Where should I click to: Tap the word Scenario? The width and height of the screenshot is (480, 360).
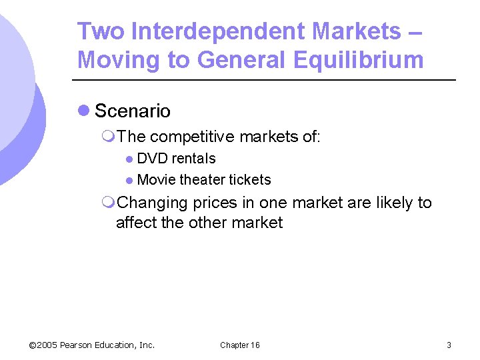tap(133, 111)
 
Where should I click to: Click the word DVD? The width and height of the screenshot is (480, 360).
tap(153, 159)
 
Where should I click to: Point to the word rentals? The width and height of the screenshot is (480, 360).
tap(194, 159)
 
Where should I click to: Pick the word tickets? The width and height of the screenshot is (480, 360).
tap(250, 180)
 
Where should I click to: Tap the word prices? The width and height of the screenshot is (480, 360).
tap(217, 203)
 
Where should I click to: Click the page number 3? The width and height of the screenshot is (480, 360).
tap(449, 345)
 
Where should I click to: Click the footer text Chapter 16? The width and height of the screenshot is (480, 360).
tap(240, 345)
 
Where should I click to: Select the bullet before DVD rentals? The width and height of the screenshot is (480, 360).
tap(129, 159)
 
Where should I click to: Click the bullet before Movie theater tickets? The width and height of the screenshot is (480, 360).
tap(129, 181)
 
